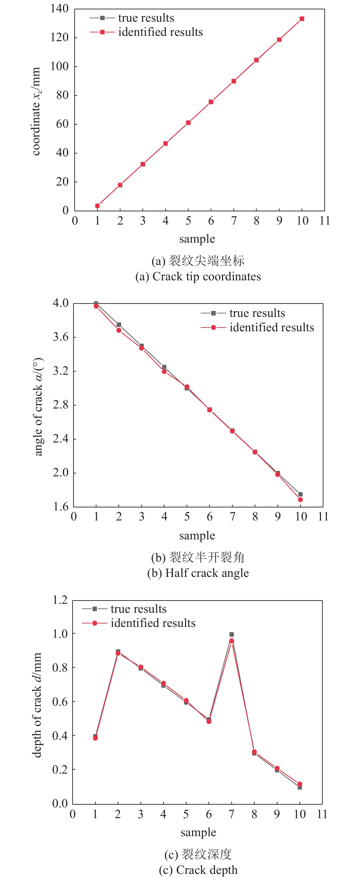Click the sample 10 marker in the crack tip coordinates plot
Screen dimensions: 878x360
click(x=302, y=19)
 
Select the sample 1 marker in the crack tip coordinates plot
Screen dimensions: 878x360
click(x=98, y=206)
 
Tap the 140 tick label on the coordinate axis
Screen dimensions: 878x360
click(x=59, y=8)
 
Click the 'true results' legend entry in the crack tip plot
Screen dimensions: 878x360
click(x=146, y=18)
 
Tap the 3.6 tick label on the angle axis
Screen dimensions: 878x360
click(x=60, y=337)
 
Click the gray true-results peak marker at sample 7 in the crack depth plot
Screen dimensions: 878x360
click(x=232, y=635)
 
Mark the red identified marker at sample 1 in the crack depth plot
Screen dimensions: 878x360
click(x=96, y=738)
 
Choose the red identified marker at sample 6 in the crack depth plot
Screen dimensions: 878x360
click(x=209, y=721)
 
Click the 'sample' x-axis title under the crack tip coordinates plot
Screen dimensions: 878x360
click(x=197, y=239)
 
